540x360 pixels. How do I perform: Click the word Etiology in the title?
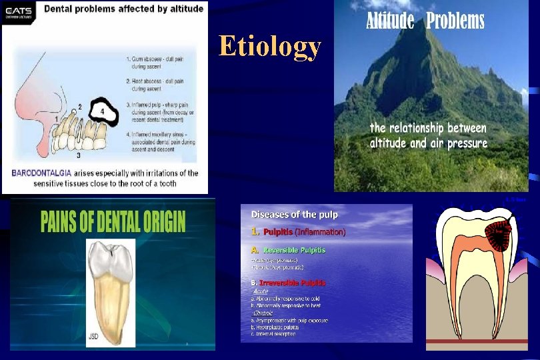[270, 47]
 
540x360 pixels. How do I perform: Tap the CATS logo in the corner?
[19, 14]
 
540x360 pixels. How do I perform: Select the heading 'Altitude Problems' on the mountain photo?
[425, 21]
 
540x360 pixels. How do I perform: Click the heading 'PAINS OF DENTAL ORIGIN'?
[113, 222]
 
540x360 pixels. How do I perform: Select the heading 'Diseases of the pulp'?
[294, 215]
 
